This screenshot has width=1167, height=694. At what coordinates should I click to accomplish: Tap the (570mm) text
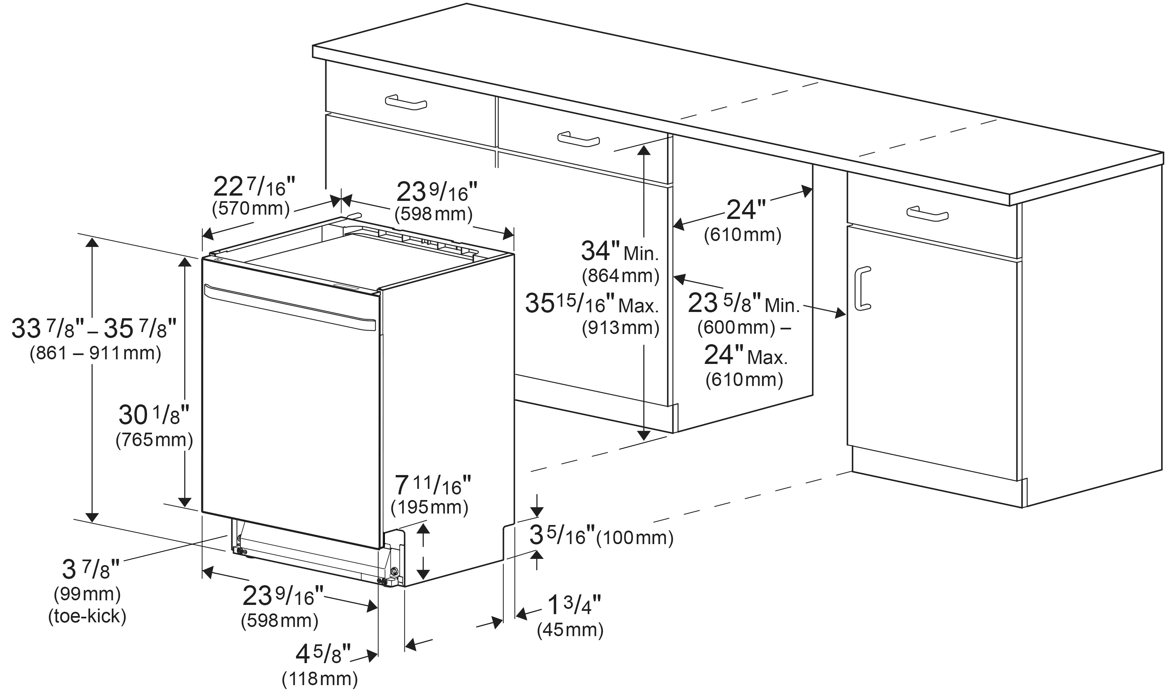coord(251,208)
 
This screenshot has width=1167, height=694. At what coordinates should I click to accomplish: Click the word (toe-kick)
coord(87,616)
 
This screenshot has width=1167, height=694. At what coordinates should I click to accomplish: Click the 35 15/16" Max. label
coord(592,304)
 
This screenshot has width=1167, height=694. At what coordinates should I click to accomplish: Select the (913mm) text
coord(620,328)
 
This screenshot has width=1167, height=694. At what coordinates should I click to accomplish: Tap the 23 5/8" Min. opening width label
coord(744,304)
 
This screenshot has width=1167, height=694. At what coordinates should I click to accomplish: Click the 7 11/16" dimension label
coord(433,486)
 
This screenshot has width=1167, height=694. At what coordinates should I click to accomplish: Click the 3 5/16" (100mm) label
coord(601,537)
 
